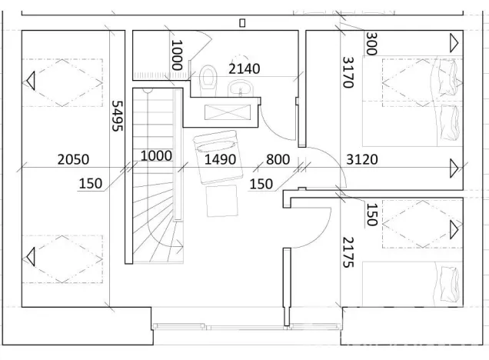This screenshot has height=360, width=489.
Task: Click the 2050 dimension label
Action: tap(73, 159)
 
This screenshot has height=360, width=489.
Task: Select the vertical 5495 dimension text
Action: tap(118, 116)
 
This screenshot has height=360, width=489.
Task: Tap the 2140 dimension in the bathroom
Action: tap(244, 68)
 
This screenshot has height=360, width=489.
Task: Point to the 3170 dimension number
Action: tap(348, 72)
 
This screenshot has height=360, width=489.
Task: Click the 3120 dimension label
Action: tap(362, 159)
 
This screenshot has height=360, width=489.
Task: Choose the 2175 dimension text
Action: tap(348, 252)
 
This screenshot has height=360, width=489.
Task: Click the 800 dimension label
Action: tap(278, 159)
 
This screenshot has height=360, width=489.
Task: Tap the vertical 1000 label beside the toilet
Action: tap(177, 55)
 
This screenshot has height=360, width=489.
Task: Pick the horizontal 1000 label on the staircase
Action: tap(156, 155)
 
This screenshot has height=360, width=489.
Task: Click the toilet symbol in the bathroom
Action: tap(207, 78)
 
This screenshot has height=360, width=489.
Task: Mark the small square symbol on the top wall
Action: tap(242, 23)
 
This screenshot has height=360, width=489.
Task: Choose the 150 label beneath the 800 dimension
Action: tap(261, 183)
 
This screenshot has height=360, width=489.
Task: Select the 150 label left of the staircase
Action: tap(91, 183)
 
